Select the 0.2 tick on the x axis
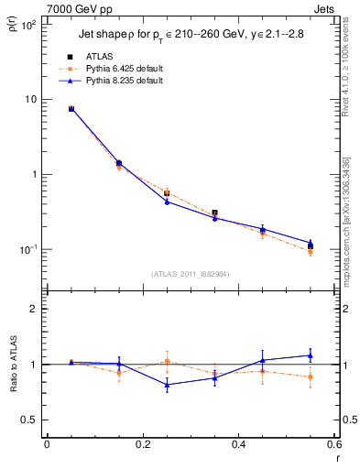point(142,445)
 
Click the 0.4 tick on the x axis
point(238,445)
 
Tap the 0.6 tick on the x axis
point(334,445)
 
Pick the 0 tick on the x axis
point(47,445)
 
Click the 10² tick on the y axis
point(27,25)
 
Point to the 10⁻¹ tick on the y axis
point(27,249)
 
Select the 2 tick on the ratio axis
point(33,310)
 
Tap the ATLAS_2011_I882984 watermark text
point(190,274)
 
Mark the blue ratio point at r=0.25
point(167,385)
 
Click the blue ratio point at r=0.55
point(311,355)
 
